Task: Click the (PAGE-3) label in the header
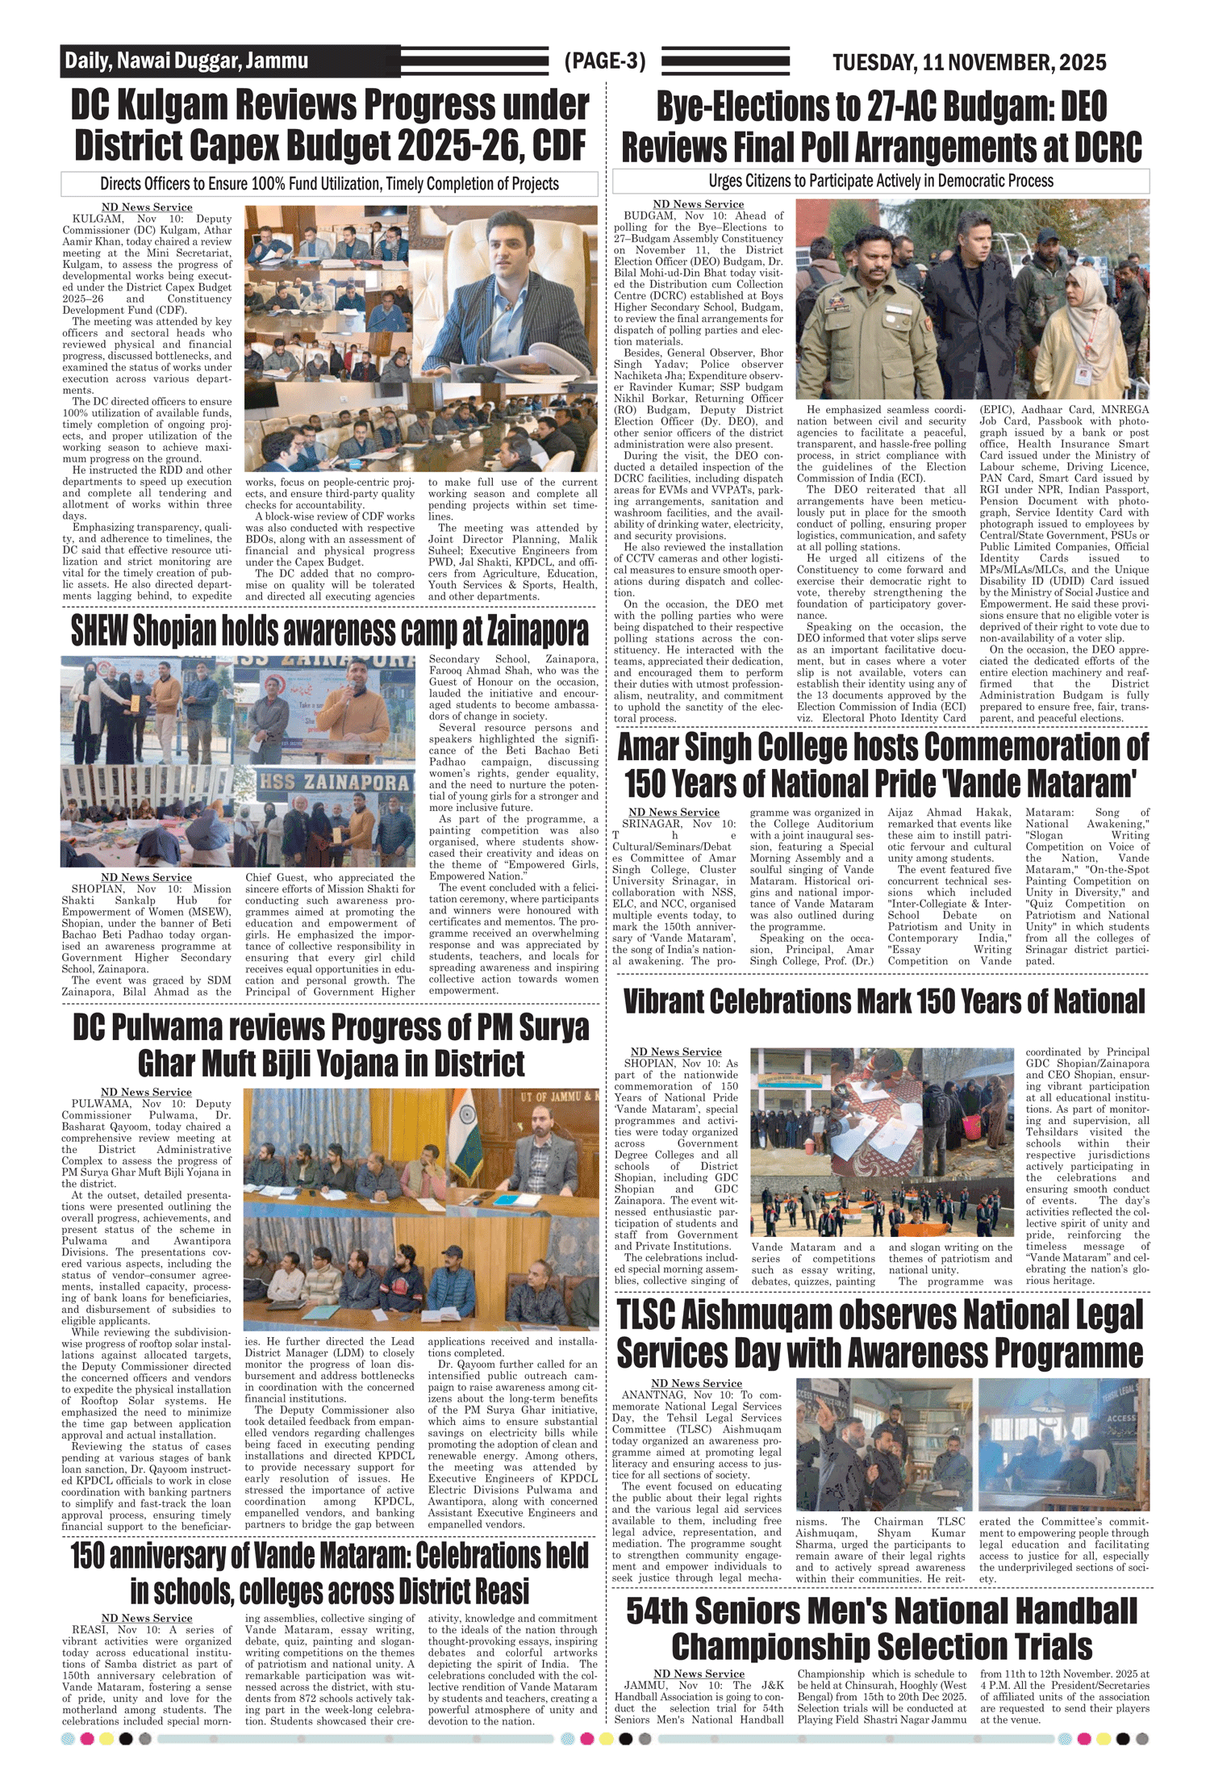pos(605,61)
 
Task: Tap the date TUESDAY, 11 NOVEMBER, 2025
pos(969,63)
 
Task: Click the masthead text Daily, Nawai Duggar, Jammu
pos(186,61)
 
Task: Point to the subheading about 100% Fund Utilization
pos(329,184)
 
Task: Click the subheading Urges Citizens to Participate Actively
pos(881,181)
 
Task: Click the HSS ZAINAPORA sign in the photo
pos(334,782)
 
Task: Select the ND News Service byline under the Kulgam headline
pos(147,207)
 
